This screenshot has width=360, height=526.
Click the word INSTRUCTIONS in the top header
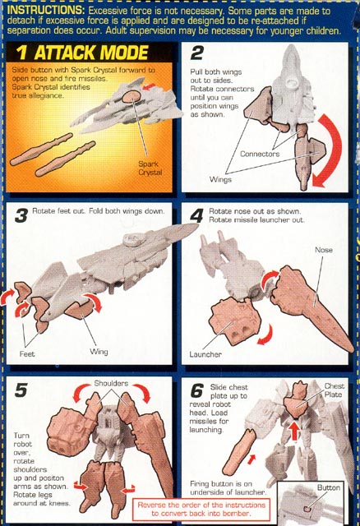tap(46, 10)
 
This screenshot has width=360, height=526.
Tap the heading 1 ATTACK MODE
tap(82, 53)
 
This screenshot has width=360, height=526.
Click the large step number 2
tap(197, 53)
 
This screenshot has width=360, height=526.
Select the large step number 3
tap(21, 216)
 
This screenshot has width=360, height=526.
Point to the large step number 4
tap(196, 215)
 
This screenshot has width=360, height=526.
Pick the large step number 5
tap(21, 390)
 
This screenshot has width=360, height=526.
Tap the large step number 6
tap(197, 390)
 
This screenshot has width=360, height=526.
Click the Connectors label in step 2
tap(260, 154)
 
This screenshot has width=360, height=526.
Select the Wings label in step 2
tap(220, 179)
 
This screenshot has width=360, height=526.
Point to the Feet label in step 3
tap(27, 354)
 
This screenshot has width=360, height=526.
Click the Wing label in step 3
tap(99, 352)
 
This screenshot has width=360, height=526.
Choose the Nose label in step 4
tap(324, 250)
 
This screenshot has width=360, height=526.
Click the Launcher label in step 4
tap(205, 354)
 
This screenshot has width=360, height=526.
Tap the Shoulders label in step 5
tap(111, 383)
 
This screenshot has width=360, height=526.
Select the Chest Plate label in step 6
tap(334, 390)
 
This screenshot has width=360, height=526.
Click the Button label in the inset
tap(329, 487)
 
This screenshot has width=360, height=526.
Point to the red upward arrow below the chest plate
tap(294, 430)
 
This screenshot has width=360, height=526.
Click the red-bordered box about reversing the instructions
tap(201, 509)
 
